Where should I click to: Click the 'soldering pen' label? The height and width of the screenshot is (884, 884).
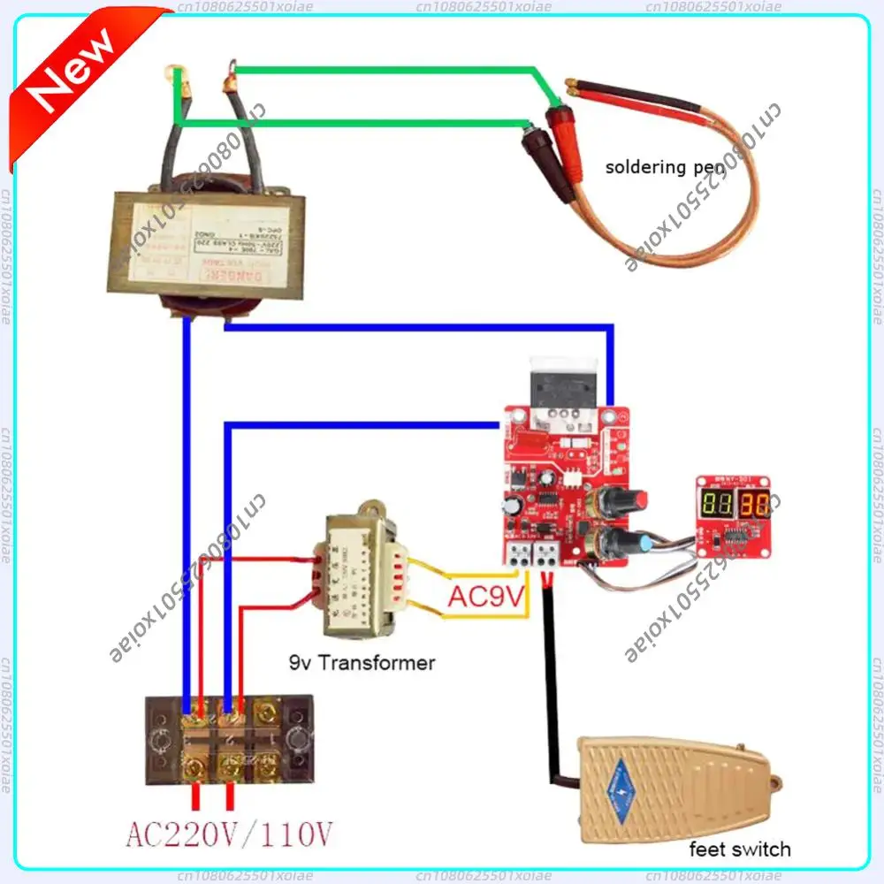[x=665, y=166]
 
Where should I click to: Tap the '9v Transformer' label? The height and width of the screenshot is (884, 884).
[x=362, y=662]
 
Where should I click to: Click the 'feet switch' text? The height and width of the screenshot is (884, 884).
[x=740, y=850]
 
